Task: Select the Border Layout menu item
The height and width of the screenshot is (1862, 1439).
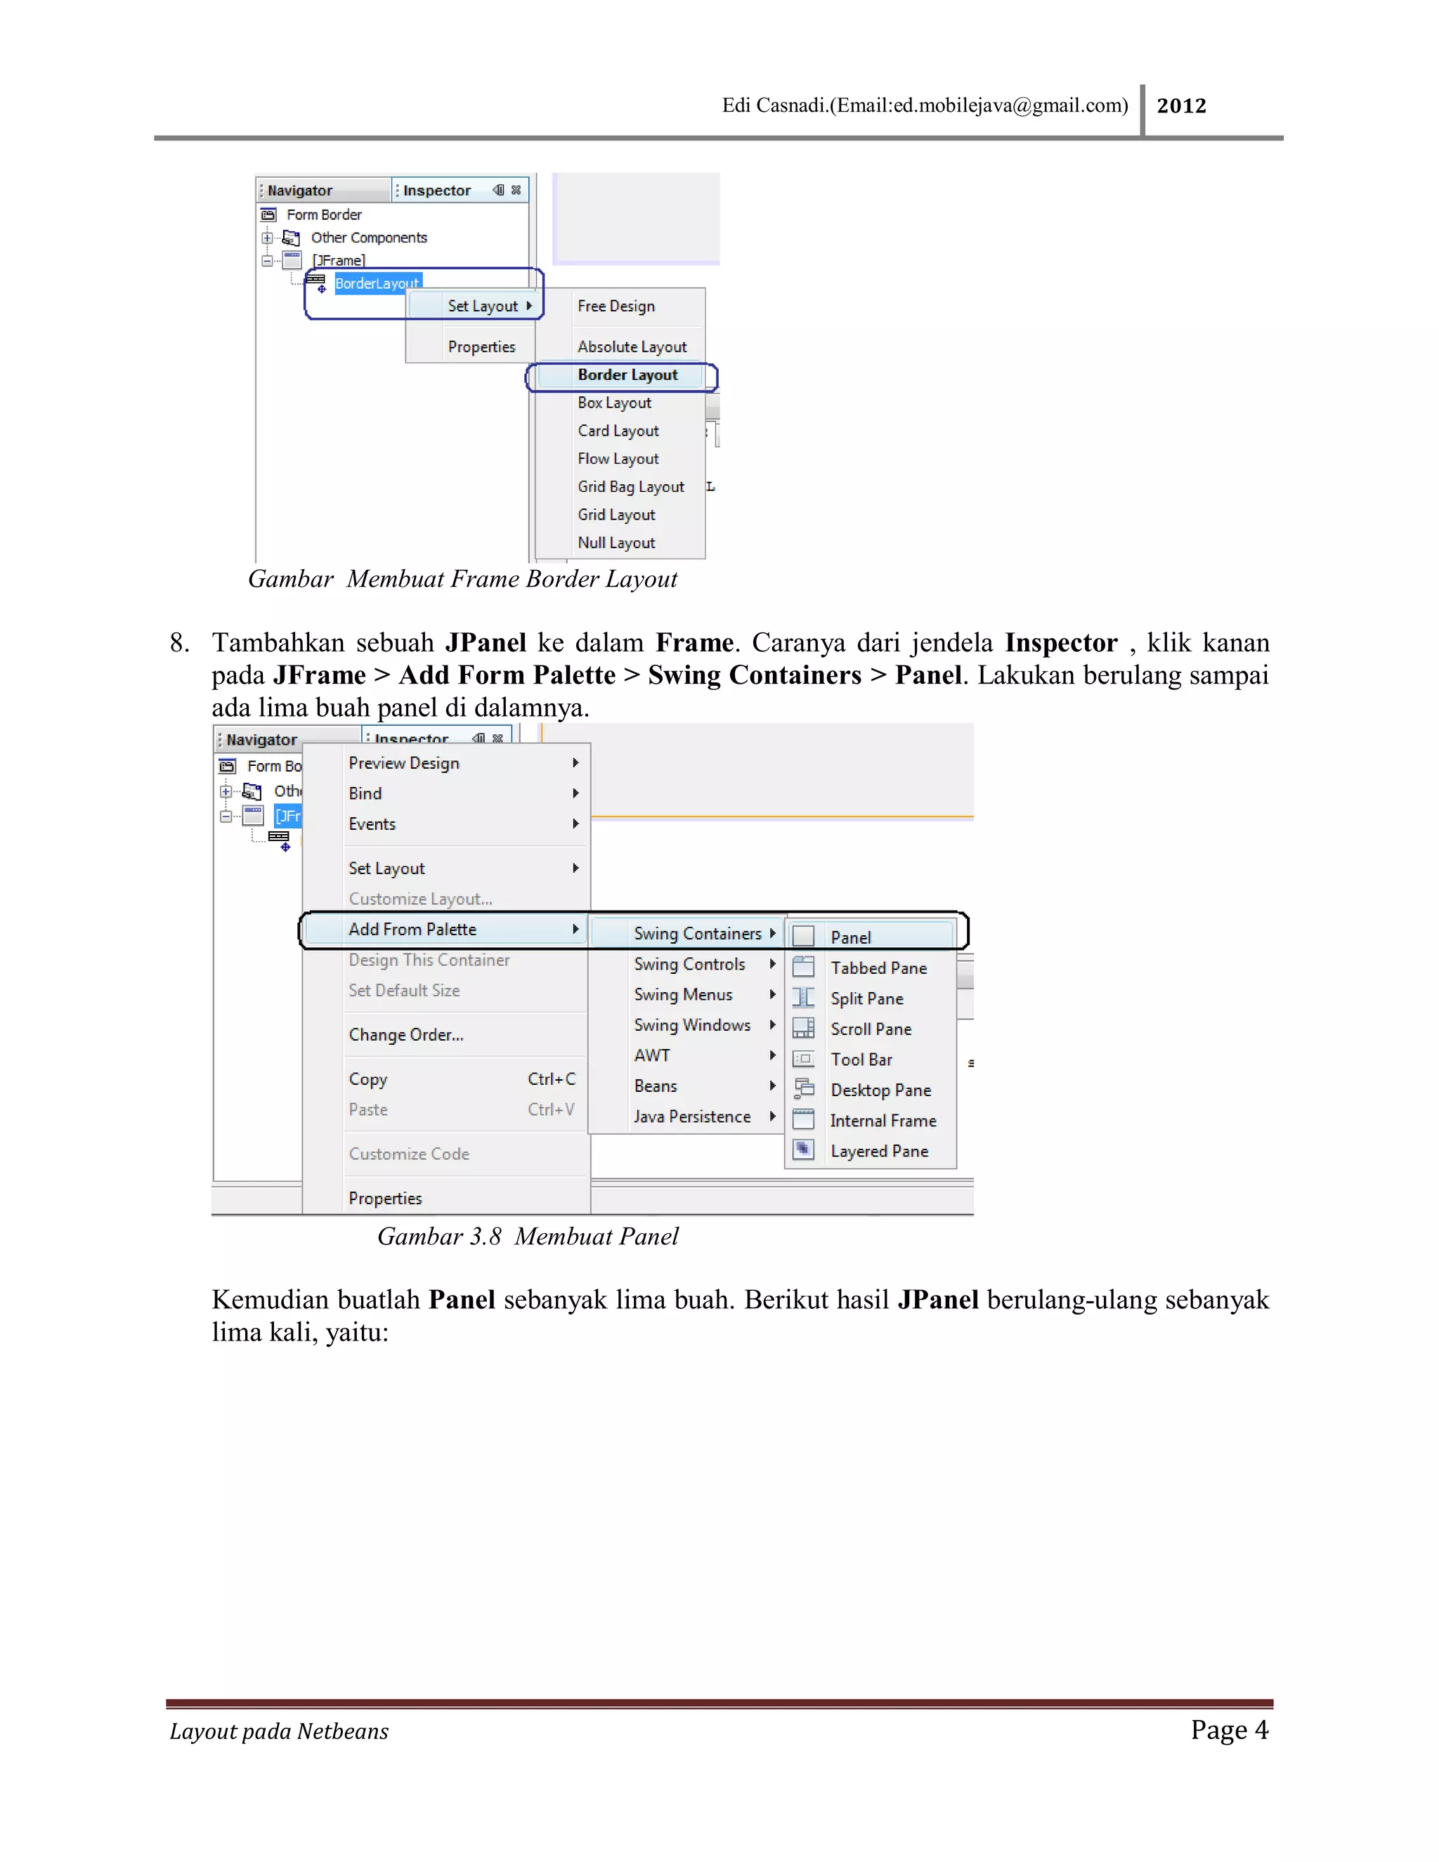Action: click(627, 375)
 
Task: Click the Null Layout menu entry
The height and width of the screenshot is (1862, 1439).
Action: click(616, 543)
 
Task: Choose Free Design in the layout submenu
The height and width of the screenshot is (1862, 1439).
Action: click(616, 306)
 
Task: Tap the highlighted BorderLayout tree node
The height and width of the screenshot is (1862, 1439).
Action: click(376, 283)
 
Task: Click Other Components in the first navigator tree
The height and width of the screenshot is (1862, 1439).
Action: click(368, 238)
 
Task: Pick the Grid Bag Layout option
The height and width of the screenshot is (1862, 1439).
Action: click(630, 487)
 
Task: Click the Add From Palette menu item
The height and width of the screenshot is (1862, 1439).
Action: click(412, 930)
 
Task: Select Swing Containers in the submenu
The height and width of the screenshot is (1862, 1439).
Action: click(696, 934)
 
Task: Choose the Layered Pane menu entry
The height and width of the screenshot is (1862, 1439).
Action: click(879, 1151)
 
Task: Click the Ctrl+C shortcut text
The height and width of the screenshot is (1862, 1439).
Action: click(551, 1079)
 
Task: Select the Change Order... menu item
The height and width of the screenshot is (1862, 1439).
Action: click(406, 1035)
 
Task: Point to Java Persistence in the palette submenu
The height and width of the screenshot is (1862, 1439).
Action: click(691, 1117)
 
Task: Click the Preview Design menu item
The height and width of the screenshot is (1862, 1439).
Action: click(403, 763)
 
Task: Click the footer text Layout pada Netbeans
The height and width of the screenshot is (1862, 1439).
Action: click(279, 1731)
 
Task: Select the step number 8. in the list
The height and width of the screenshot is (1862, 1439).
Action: click(179, 643)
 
